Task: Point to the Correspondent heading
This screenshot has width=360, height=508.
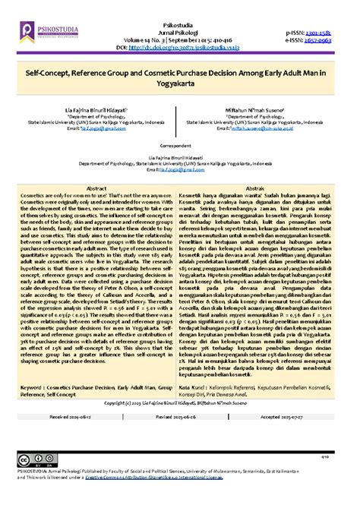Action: (179, 145)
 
